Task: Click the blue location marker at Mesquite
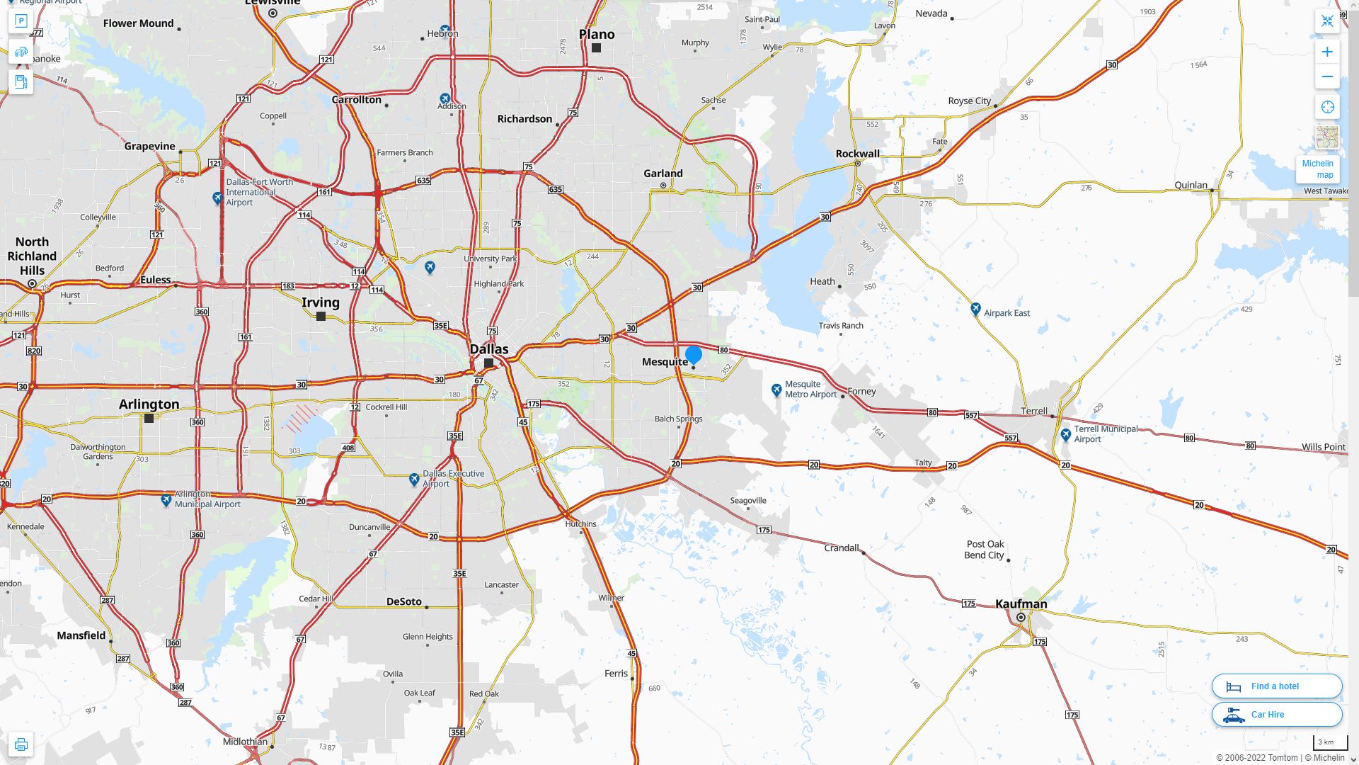[x=694, y=354]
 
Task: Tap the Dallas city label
[x=489, y=349]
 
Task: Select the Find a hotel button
[x=1276, y=686]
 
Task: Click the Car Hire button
[x=1276, y=714]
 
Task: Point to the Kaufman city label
[x=1021, y=604]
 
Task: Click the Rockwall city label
[x=857, y=154]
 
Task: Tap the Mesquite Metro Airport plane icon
[x=776, y=390]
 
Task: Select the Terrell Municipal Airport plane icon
[x=1066, y=435]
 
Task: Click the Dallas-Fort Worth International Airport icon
[x=218, y=199]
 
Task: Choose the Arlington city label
[x=149, y=404]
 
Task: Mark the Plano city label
[x=597, y=34]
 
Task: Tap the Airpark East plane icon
[x=975, y=309]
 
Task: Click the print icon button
[x=21, y=744]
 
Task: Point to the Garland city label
[x=663, y=174]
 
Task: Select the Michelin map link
[x=1317, y=169]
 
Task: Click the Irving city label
[x=321, y=302]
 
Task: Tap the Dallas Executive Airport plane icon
[x=414, y=480]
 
